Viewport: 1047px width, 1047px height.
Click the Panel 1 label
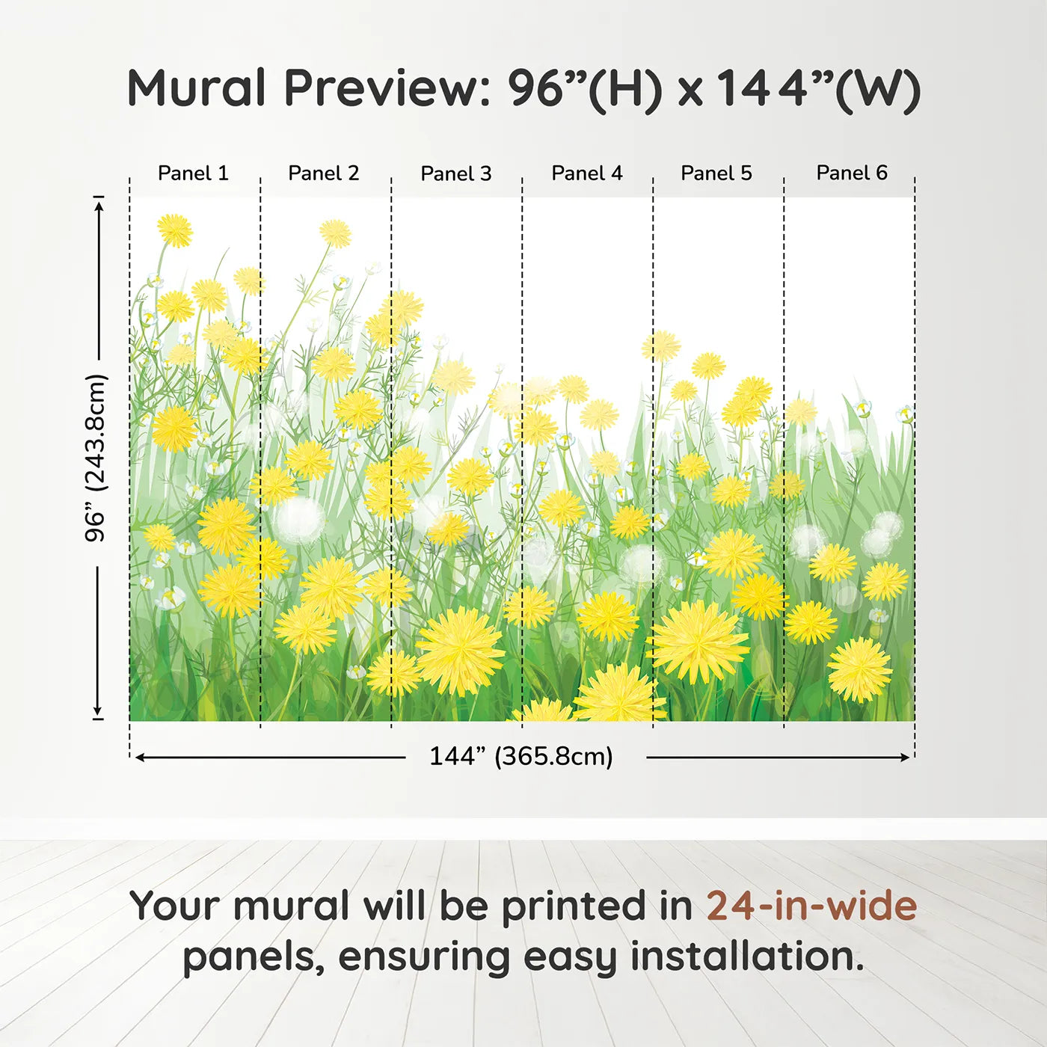coord(193,173)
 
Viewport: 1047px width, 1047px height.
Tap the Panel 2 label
coord(323,173)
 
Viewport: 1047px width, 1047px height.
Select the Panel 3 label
coord(456,174)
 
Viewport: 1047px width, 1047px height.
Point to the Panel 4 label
coord(587,173)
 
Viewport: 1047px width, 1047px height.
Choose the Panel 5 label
coord(716,173)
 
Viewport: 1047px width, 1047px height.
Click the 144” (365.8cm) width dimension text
coord(521,756)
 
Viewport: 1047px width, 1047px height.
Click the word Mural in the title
coord(197,87)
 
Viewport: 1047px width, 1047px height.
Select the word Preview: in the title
coord(387,88)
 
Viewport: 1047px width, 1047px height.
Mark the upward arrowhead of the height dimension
coord(98,206)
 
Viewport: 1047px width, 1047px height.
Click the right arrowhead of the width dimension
coord(905,758)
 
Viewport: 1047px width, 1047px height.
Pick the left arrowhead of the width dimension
coord(140,758)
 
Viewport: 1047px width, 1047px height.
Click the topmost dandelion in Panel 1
coord(175,230)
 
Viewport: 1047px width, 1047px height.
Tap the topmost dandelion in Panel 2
coord(335,233)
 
